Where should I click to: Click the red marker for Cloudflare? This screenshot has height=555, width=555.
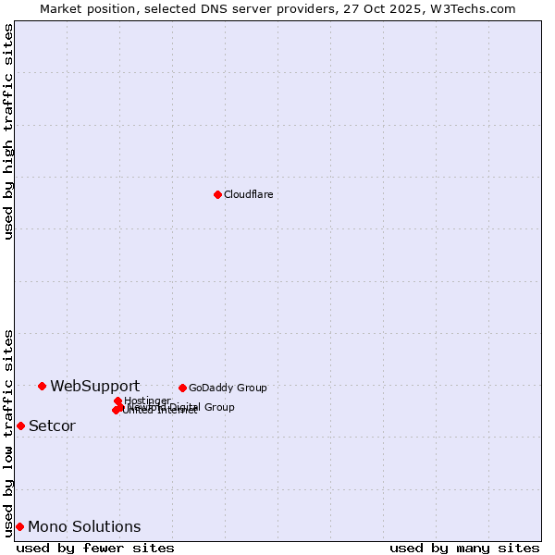(217, 194)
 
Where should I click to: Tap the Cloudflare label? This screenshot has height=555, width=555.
(248, 194)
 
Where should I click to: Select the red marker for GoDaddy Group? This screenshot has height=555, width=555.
(182, 388)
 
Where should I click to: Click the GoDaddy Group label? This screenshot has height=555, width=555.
(228, 388)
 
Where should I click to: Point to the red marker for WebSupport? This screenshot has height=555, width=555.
(42, 386)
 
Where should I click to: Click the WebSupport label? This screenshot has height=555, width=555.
(94, 386)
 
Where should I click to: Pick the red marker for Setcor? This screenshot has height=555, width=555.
(20, 425)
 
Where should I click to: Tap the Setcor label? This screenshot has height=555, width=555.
(52, 425)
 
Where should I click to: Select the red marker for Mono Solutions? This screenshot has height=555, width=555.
(19, 526)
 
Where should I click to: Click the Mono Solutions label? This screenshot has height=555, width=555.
(84, 526)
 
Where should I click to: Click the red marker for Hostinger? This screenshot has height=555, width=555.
(117, 401)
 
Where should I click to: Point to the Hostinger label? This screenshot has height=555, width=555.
(147, 401)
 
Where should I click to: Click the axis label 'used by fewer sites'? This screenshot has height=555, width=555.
(95, 548)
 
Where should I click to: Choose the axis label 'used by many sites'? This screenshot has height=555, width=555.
(464, 548)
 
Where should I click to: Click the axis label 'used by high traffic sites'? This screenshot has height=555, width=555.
(8, 131)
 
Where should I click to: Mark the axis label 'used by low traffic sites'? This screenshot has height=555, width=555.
(8, 433)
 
